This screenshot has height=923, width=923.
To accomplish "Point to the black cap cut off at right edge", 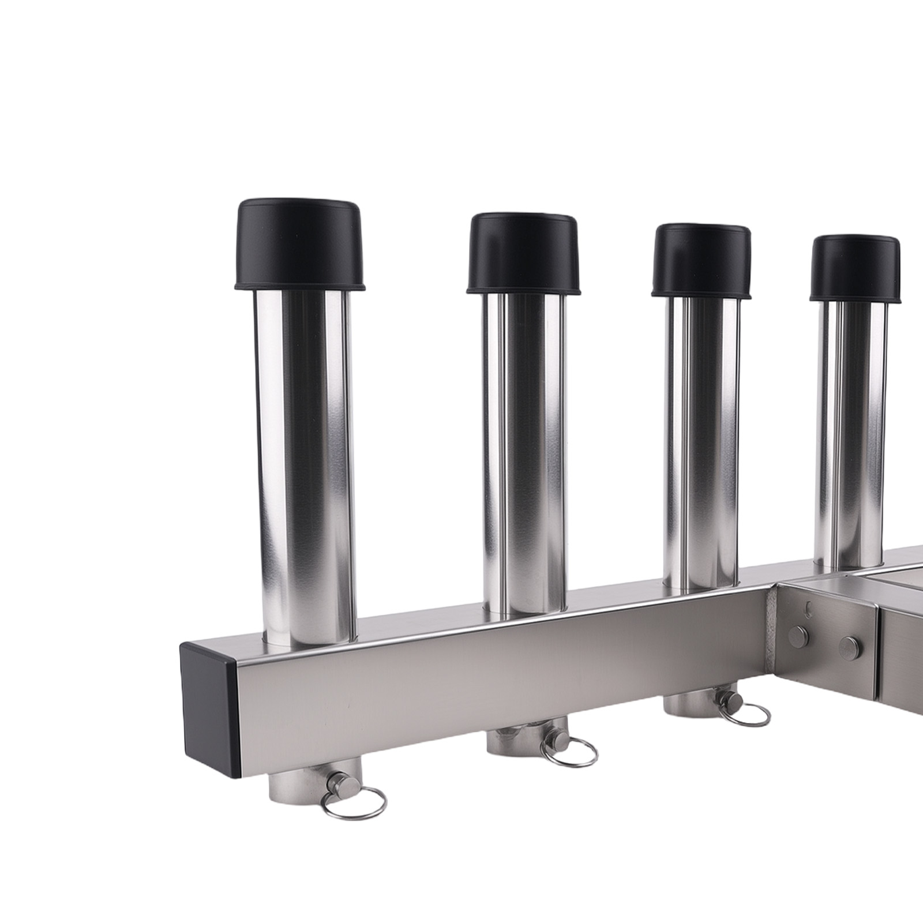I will coord(855,268).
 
